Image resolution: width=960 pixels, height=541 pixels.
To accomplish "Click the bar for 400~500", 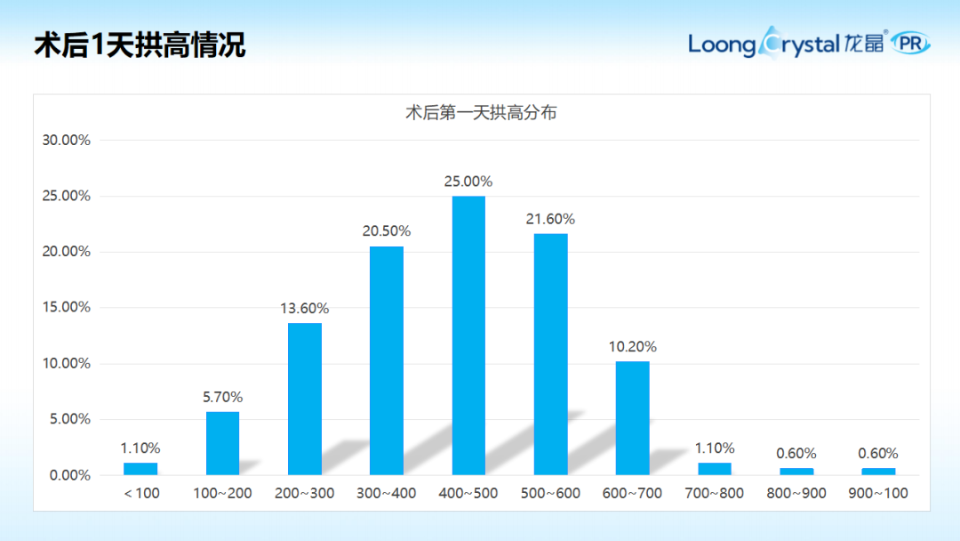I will pyautogui.click(x=468, y=335).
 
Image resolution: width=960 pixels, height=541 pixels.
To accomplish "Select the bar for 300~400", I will pyautogui.click(x=387, y=360).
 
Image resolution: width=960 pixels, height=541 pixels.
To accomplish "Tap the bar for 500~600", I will pyautogui.click(x=550, y=354).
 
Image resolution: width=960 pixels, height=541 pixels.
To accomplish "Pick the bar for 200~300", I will pyautogui.click(x=305, y=399).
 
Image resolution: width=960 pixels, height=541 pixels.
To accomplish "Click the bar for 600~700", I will pyautogui.click(x=632, y=417).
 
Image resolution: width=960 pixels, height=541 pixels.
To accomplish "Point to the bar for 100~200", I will pyautogui.click(x=222, y=443).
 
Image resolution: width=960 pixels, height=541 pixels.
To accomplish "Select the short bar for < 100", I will pyautogui.click(x=140, y=468).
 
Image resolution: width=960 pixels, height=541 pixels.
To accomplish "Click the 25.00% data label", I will pyautogui.click(x=468, y=182).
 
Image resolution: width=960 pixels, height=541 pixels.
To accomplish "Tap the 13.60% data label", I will pyautogui.click(x=305, y=309).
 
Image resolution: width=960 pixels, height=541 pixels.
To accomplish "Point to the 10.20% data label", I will pyautogui.click(x=632, y=347).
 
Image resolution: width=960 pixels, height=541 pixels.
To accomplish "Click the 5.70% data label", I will pyautogui.click(x=222, y=397).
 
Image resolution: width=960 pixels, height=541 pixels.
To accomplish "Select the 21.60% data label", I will pyautogui.click(x=550, y=219).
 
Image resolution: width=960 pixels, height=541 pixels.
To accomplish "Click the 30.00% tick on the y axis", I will pyautogui.click(x=67, y=140).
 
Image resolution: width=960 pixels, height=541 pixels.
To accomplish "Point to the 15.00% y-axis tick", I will pyautogui.click(x=67, y=307).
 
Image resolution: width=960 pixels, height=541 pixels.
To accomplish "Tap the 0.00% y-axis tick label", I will pyautogui.click(x=70, y=475).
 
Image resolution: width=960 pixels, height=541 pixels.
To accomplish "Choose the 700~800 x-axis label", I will pyautogui.click(x=715, y=493).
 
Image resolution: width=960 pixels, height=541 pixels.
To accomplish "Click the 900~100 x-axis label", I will pyautogui.click(x=878, y=493).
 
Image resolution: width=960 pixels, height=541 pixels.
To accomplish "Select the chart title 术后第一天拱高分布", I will pyautogui.click(x=481, y=113).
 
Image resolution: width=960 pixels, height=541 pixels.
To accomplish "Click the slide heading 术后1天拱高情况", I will pyautogui.click(x=140, y=44).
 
